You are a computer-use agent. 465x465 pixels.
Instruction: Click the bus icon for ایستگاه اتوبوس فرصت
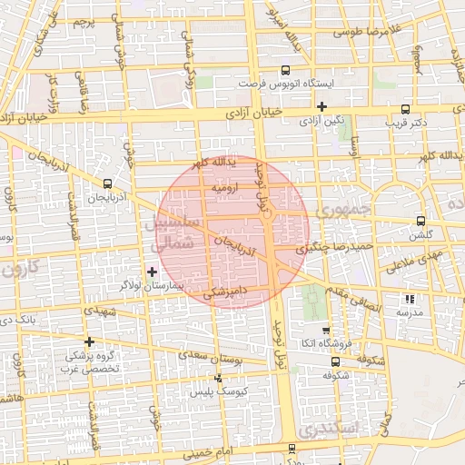[286, 70]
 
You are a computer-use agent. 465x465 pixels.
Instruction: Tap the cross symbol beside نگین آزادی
[322, 106]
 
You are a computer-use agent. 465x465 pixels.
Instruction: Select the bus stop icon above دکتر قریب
[405, 106]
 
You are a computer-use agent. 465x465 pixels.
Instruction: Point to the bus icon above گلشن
[420, 221]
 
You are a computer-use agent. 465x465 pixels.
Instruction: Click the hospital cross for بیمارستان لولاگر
[152, 272]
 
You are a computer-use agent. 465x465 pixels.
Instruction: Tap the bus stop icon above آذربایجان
[109, 183]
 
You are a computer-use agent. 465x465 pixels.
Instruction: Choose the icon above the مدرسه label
[410, 298]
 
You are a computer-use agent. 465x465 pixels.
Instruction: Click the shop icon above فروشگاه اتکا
[326, 331]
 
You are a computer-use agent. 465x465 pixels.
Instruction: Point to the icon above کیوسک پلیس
[218, 377]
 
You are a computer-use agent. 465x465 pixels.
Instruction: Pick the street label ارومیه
[223, 188]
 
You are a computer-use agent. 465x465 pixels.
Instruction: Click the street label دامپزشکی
[222, 292]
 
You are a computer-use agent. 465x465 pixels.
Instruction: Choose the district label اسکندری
[333, 427]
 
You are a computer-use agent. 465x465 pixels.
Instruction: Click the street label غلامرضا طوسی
[367, 32]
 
